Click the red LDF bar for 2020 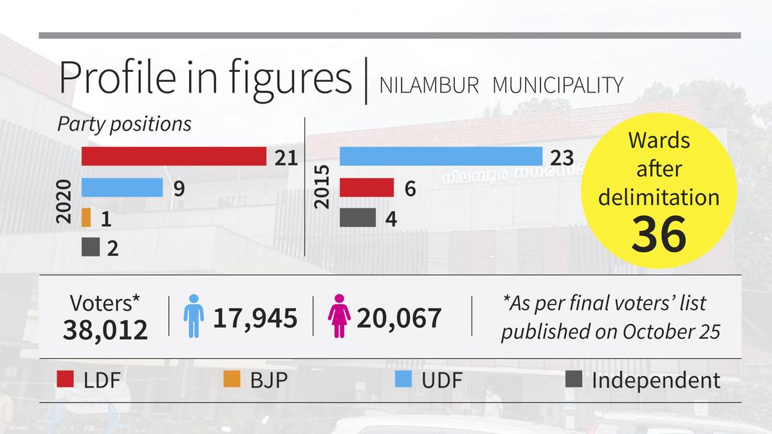point(174,156)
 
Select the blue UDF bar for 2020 point(122,188)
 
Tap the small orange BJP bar point(86,218)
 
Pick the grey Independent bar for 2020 point(91,248)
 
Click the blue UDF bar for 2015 point(441,156)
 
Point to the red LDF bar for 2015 point(367,188)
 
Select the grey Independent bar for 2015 point(358,217)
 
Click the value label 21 point(286,158)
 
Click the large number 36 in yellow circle point(659,233)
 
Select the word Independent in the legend point(656,380)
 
